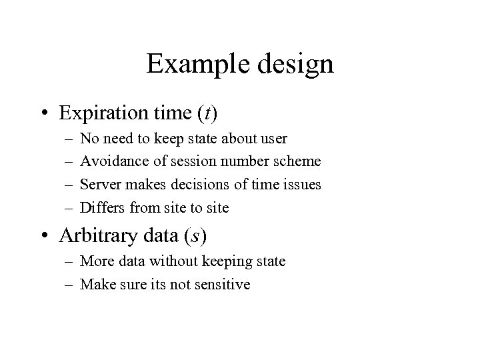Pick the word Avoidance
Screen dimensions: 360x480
[107, 161]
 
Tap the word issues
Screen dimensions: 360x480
[302, 185]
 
